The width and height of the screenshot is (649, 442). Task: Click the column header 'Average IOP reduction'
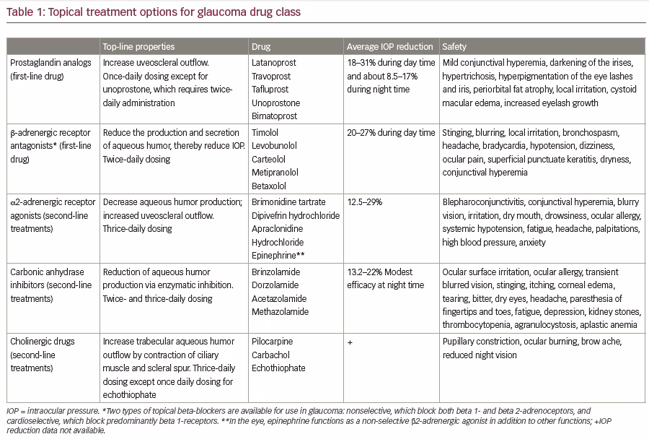389,46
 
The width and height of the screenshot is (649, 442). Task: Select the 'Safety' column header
454,46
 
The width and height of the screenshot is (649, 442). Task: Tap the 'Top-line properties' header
138,46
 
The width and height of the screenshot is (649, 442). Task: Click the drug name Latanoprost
274,63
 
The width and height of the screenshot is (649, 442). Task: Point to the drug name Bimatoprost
275,116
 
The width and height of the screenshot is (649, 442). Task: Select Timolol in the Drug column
265,133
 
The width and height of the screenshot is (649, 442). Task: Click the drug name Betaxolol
269,186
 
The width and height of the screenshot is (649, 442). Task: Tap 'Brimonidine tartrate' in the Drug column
288,202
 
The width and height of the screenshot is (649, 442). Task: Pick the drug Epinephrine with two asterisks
278,256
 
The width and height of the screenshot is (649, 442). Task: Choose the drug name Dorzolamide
275,285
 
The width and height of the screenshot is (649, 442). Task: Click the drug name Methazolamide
281,312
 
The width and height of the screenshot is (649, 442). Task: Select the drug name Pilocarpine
273,342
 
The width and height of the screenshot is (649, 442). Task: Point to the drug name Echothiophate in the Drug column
278,368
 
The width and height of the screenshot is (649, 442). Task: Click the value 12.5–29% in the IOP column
365,202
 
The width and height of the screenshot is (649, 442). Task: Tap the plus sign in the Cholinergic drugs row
350,342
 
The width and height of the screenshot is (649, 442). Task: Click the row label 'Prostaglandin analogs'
50,63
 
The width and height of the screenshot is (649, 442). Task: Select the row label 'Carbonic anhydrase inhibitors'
51,279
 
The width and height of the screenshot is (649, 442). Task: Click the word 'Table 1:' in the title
26,12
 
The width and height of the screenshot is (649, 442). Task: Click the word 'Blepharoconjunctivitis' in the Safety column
483,202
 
